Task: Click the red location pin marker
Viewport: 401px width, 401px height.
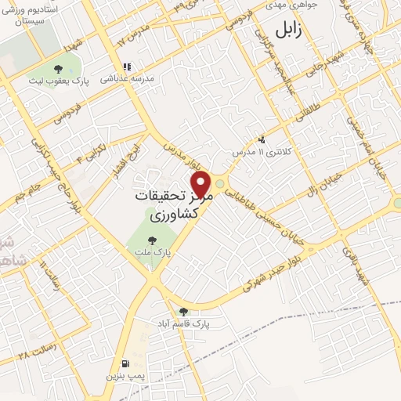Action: point(203,184)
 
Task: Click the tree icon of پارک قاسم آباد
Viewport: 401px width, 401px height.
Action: point(183,311)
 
